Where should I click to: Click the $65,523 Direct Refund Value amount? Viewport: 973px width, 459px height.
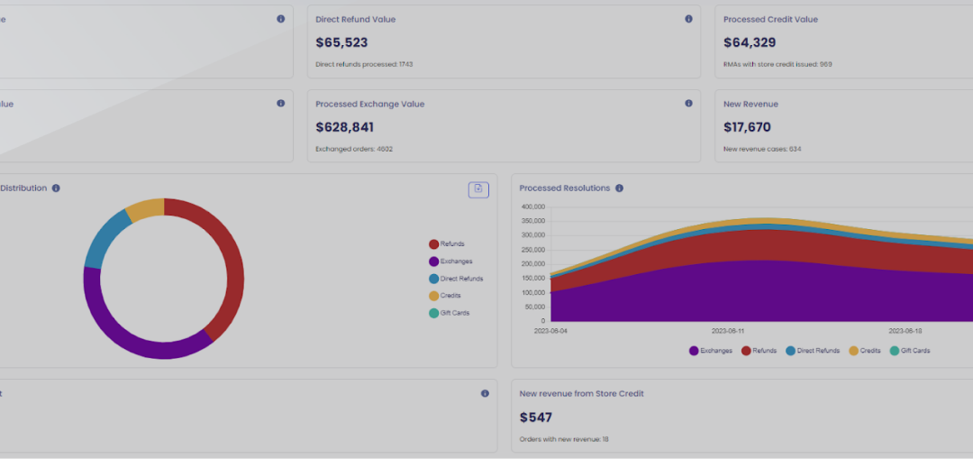coord(341,42)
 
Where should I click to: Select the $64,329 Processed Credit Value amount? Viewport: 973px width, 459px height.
coord(750,42)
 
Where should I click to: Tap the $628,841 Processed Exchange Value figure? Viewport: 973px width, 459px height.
coord(344,127)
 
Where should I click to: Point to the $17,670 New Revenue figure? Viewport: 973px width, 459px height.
coord(747,127)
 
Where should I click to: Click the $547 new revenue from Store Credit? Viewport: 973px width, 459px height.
coord(536,418)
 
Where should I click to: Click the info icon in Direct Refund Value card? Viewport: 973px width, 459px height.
coord(688,19)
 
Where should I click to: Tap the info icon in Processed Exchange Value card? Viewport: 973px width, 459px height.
coord(688,104)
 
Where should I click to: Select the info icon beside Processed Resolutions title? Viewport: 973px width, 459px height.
coord(619,188)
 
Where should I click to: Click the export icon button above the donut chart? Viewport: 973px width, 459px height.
coord(478,189)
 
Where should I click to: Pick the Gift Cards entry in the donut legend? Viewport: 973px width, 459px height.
coord(454,313)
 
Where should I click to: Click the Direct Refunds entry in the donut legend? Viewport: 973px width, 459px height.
coord(460,279)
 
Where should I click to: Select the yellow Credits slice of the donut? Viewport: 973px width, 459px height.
coord(145,209)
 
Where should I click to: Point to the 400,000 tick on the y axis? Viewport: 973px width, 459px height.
coord(533,207)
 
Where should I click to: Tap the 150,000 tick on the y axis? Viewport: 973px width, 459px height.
coord(533,278)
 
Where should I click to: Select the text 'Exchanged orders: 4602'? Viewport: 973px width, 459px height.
coord(354,149)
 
